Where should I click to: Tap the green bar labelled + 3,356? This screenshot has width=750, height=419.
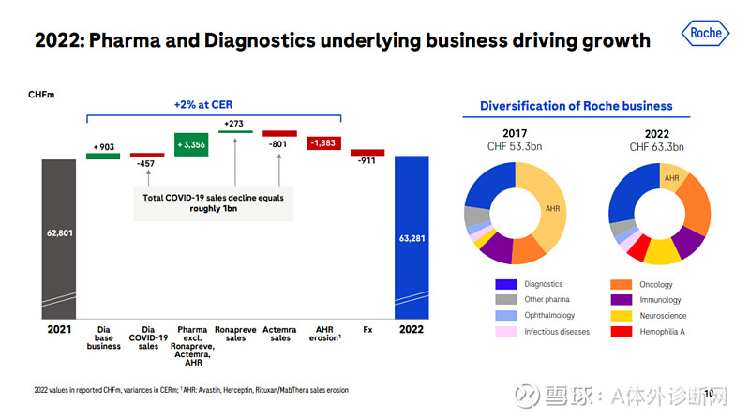click(191, 144)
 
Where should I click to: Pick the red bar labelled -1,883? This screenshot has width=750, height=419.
click(323, 142)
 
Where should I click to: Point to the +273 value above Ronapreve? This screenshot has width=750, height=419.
click(235, 123)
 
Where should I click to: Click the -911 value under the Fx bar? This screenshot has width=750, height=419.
click(367, 161)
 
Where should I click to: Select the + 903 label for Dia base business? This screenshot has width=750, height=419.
click(103, 147)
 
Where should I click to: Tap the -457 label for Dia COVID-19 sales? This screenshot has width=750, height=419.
click(146, 163)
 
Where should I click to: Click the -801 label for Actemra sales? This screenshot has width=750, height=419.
click(279, 143)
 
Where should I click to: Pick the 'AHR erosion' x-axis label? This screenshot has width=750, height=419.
click(323, 335)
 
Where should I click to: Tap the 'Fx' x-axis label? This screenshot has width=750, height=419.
click(367, 330)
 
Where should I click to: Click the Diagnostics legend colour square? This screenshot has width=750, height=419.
click(506, 284)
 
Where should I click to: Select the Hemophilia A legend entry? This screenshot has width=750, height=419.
click(656, 331)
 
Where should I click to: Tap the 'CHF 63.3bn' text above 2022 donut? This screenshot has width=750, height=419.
click(657, 147)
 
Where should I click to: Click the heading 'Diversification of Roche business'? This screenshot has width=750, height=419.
click(577, 106)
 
